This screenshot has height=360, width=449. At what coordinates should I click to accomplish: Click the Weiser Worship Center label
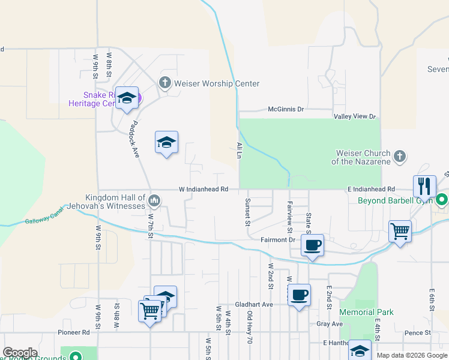216,83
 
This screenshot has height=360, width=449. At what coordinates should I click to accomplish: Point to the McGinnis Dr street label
286,110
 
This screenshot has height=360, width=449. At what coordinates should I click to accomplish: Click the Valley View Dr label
355,116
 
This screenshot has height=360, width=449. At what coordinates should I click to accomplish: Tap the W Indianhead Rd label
203,189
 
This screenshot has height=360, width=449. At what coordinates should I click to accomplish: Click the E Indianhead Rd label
371,189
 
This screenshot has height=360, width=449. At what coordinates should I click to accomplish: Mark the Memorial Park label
366,312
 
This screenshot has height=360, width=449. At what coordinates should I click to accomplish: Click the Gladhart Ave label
254,304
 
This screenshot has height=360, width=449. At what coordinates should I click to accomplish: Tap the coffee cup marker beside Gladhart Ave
299,295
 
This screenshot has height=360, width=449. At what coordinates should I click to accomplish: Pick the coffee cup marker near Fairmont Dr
312,245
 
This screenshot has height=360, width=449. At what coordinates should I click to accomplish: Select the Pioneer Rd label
73,332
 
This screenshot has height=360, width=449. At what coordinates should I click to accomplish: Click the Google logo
20,353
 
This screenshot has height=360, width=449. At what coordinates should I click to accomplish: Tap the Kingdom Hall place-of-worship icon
154,200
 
